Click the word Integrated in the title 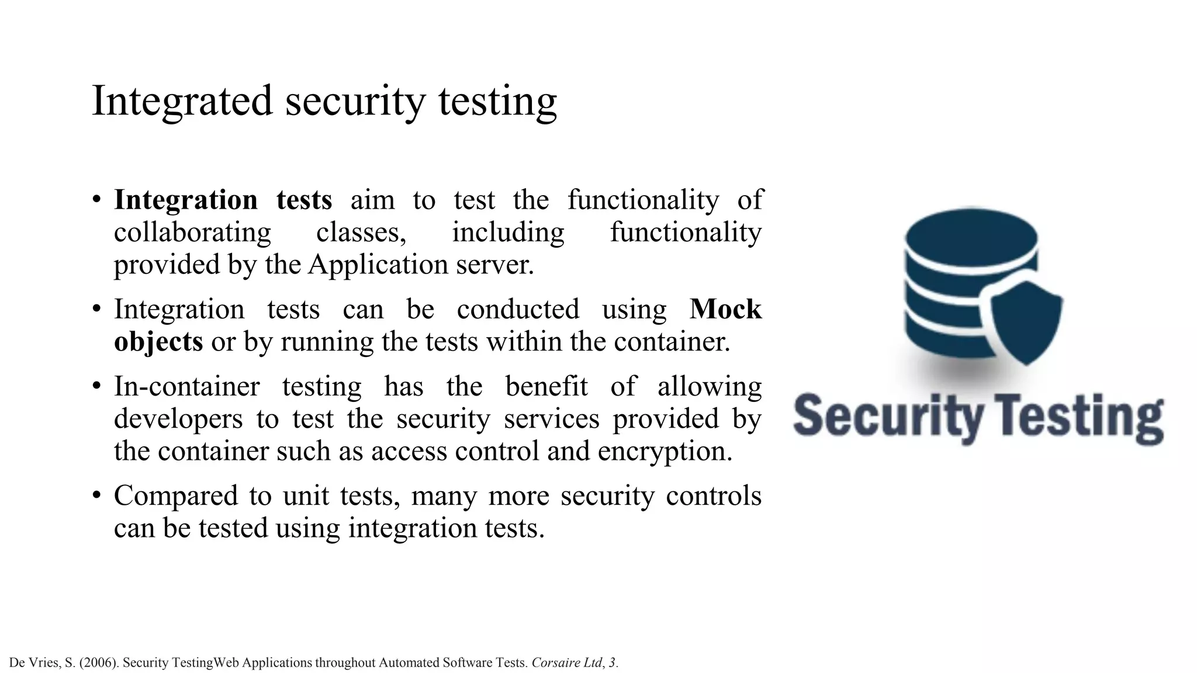182,101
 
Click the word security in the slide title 355,101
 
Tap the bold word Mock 725,309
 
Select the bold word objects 158,342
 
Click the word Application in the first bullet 379,265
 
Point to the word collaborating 192,233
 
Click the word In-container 187,387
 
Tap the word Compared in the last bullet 176,496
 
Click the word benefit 546,387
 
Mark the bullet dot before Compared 97,496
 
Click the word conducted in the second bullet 518,309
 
